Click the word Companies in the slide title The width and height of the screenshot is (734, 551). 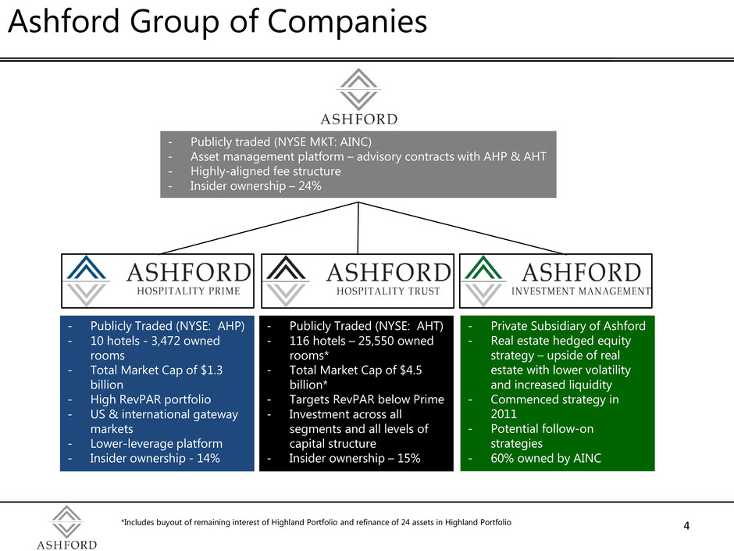pyautogui.click(x=347, y=22)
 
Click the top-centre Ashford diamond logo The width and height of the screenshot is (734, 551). pyautogui.click(x=358, y=90)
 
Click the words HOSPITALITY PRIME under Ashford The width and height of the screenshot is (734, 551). pyautogui.click(x=189, y=291)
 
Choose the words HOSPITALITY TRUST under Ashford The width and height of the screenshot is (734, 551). pyautogui.click(x=388, y=291)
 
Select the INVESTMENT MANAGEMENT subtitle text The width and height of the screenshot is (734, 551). pyautogui.click(x=581, y=291)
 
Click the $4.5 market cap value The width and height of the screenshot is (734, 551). pyautogui.click(x=411, y=370)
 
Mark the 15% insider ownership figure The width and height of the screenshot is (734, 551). pyautogui.click(x=408, y=458)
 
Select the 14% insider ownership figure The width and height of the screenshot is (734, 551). pyautogui.click(x=208, y=458)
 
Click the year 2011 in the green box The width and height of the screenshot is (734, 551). pyautogui.click(x=504, y=414)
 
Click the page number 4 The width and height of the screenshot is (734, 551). pyautogui.click(x=686, y=526)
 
